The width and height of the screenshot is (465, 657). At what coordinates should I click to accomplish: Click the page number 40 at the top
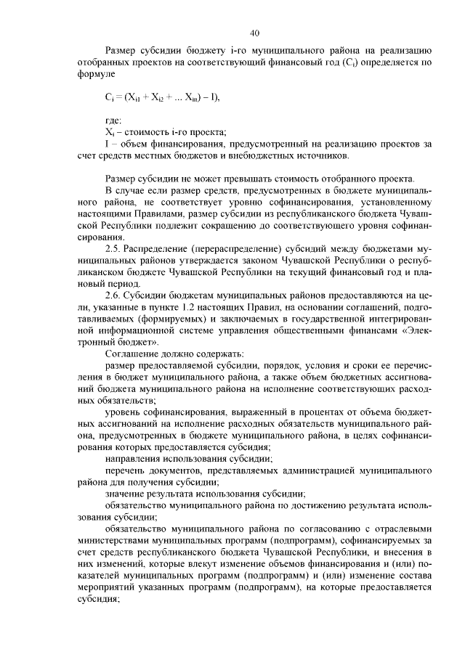pyautogui.click(x=254, y=33)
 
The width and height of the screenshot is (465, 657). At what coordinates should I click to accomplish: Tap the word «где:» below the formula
pyautogui.click(x=113, y=119)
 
